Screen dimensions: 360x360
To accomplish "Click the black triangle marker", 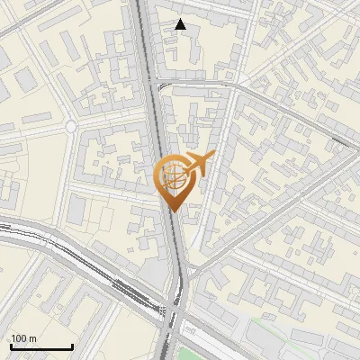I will pos(181,24).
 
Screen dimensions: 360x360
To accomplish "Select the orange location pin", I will pos(175,180).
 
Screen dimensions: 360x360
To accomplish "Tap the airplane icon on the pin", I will pos(195,165).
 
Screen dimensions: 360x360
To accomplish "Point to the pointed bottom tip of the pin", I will pos(174,211).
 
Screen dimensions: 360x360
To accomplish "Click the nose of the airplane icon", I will pos(212,156).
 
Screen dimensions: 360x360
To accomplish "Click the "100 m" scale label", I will pos(23,338).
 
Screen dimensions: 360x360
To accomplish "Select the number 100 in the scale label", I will pos(20,338).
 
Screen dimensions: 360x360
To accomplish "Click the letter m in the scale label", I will pos(32,338).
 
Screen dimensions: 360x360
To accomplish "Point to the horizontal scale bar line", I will pos(41,346).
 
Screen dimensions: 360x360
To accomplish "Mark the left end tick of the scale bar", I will pos(11,345).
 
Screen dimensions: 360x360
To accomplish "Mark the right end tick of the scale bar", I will pos(72,345).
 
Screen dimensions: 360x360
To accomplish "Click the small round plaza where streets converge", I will pos(70,128).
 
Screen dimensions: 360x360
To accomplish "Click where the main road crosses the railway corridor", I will pos(174,310).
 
